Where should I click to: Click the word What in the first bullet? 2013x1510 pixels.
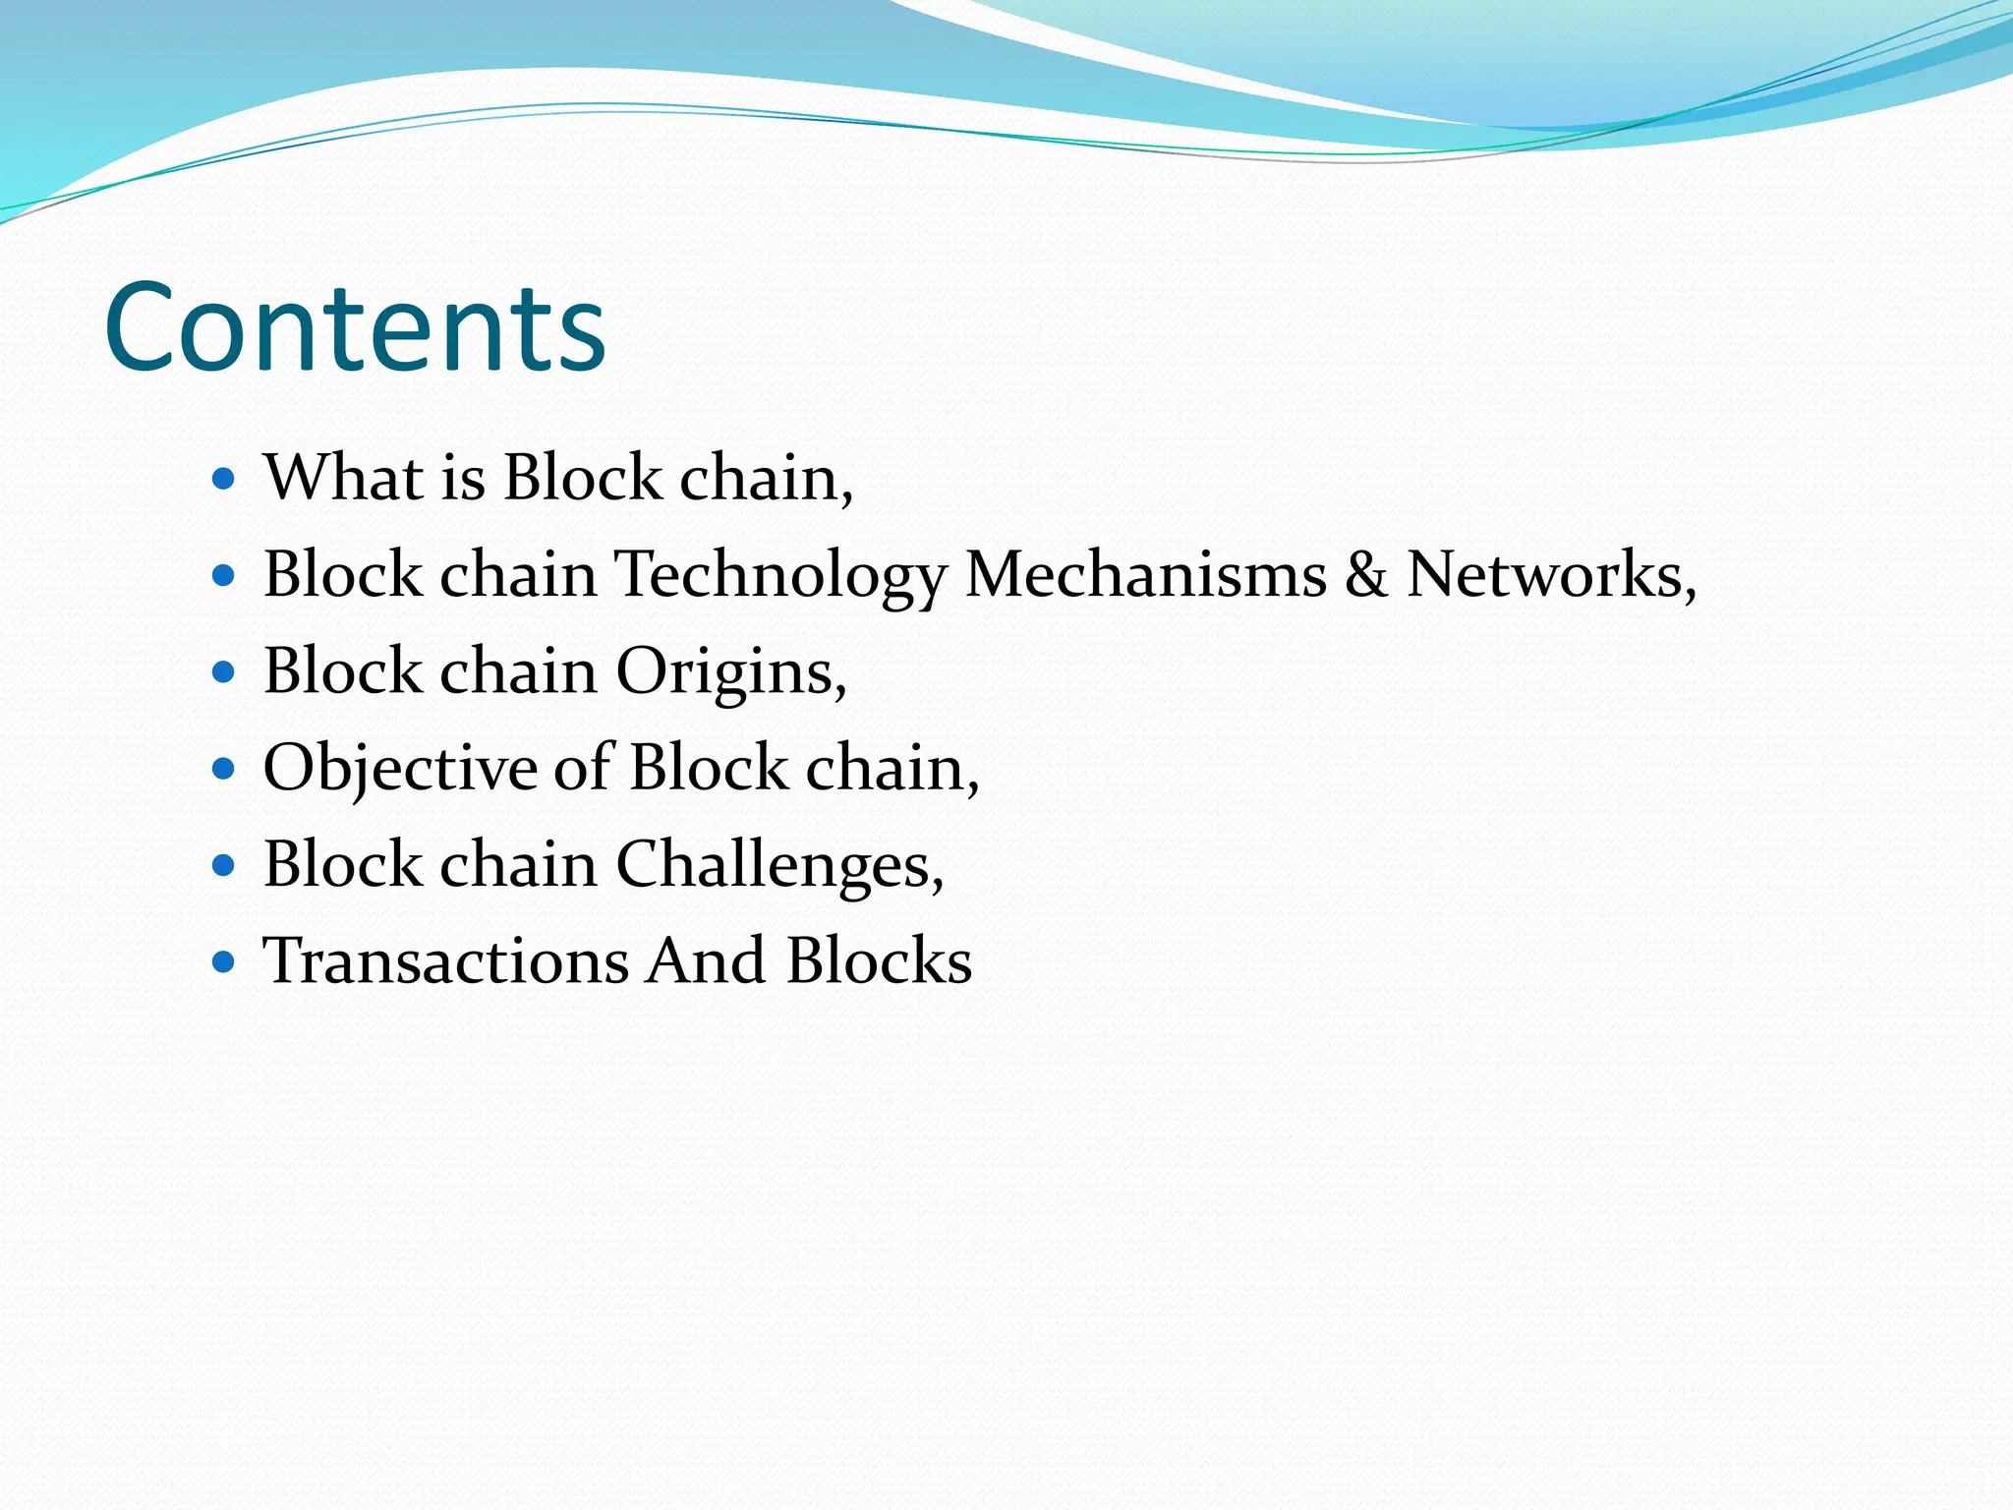343,478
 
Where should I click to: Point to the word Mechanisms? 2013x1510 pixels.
1146,574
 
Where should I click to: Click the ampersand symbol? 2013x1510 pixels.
1366,574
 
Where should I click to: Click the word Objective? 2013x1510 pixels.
399,769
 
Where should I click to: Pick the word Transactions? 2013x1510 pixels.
445,960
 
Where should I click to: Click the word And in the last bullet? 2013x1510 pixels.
707,960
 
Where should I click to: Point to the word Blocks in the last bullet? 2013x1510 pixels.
879,960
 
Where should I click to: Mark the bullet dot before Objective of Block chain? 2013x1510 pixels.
225,768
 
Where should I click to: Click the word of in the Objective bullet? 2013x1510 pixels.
584,767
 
